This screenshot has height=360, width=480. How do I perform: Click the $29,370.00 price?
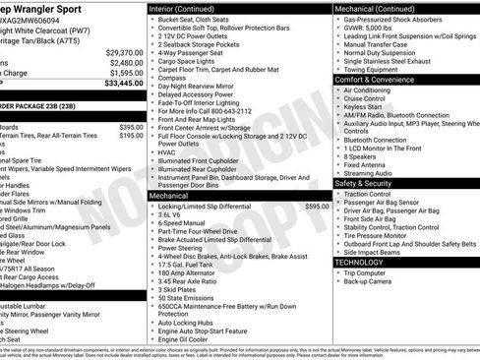(124, 52)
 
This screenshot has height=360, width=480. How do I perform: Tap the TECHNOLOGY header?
(359, 263)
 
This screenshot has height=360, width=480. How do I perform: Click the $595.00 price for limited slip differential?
(316, 207)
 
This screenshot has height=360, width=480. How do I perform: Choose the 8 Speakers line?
(361, 155)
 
